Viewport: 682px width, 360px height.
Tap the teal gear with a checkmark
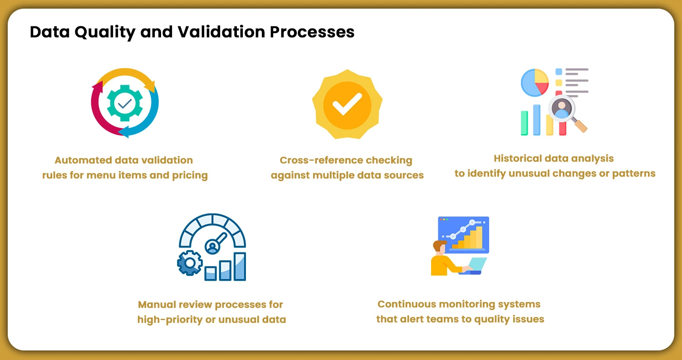click(x=125, y=103)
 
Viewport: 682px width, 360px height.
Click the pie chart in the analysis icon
click(x=535, y=82)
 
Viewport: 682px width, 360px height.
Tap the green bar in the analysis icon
click(x=525, y=123)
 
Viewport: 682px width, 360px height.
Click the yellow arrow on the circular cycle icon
click(x=125, y=74)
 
